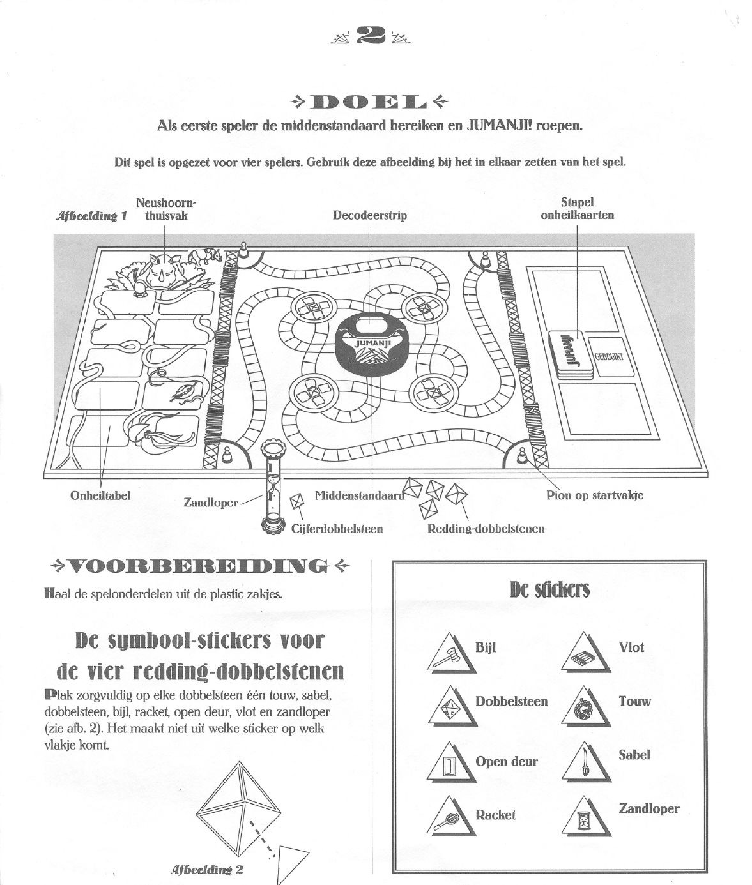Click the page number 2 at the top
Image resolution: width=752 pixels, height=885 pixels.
click(371, 36)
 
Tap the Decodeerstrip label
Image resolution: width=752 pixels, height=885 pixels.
click(369, 215)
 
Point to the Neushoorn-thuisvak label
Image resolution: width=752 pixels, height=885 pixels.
click(165, 209)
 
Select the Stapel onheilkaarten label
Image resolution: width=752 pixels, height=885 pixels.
click(577, 209)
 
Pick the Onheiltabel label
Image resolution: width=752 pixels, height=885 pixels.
click(100, 496)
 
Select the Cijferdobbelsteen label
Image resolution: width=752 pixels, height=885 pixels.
click(337, 529)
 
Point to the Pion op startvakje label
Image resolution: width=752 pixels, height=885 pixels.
click(594, 495)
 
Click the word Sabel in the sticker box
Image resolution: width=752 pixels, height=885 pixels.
click(634, 755)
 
